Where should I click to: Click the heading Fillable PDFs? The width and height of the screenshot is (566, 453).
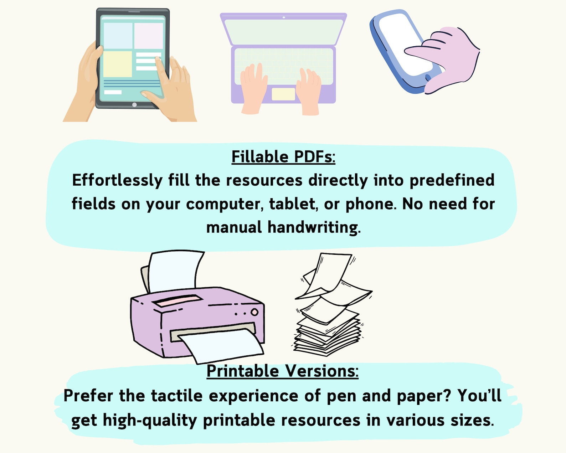(283, 157)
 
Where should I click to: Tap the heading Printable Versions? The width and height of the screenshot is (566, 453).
(283, 371)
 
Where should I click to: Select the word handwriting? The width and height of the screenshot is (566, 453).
(314, 227)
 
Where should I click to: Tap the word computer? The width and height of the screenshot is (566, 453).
(225, 204)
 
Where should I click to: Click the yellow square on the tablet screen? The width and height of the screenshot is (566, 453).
(117, 64)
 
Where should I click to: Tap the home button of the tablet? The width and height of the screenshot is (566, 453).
(134, 105)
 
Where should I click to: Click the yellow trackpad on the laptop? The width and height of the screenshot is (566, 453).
(283, 94)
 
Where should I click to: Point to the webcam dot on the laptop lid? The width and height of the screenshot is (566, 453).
(283, 17)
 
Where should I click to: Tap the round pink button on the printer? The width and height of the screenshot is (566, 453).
(254, 312)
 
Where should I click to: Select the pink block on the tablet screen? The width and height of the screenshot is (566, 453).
(149, 36)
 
